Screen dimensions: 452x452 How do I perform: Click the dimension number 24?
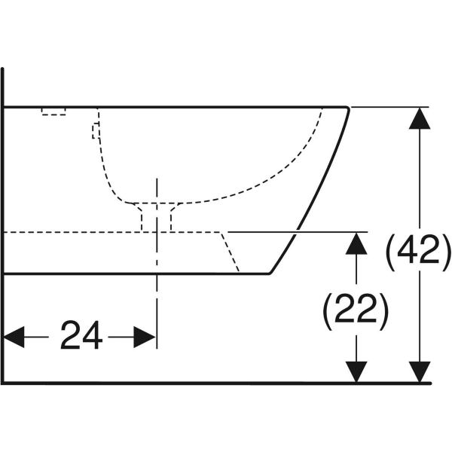click(x=81, y=335)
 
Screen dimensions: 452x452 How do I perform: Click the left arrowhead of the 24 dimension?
click(x=14, y=337)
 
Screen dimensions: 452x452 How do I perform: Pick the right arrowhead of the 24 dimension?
click(x=145, y=337)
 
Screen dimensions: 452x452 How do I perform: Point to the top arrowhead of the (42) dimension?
click(x=420, y=118)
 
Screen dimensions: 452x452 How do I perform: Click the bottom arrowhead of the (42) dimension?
click(x=420, y=372)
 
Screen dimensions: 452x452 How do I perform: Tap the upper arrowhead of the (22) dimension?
click(x=356, y=243)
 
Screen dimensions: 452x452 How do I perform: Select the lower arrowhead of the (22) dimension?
click(x=356, y=372)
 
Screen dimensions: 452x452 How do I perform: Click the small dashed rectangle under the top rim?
click(x=53, y=111)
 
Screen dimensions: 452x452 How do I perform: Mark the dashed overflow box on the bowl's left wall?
click(x=96, y=131)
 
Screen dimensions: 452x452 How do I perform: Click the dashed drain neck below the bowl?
click(x=156, y=217)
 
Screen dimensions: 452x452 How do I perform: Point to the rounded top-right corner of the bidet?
click(x=348, y=108)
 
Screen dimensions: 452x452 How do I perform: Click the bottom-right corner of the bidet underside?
click(x=270, y=273)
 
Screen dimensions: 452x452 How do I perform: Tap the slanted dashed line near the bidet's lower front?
click(x=230, y=252)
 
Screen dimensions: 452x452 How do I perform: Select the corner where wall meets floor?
click(x=3, y=383)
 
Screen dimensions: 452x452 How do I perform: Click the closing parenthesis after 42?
click(x=445, y=252)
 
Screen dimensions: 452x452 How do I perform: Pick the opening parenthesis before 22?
click(x=328, y=312)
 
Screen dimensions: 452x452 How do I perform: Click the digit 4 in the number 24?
click(x=92, y=335)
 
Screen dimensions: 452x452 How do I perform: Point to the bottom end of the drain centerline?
click(x=157, y=348)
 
